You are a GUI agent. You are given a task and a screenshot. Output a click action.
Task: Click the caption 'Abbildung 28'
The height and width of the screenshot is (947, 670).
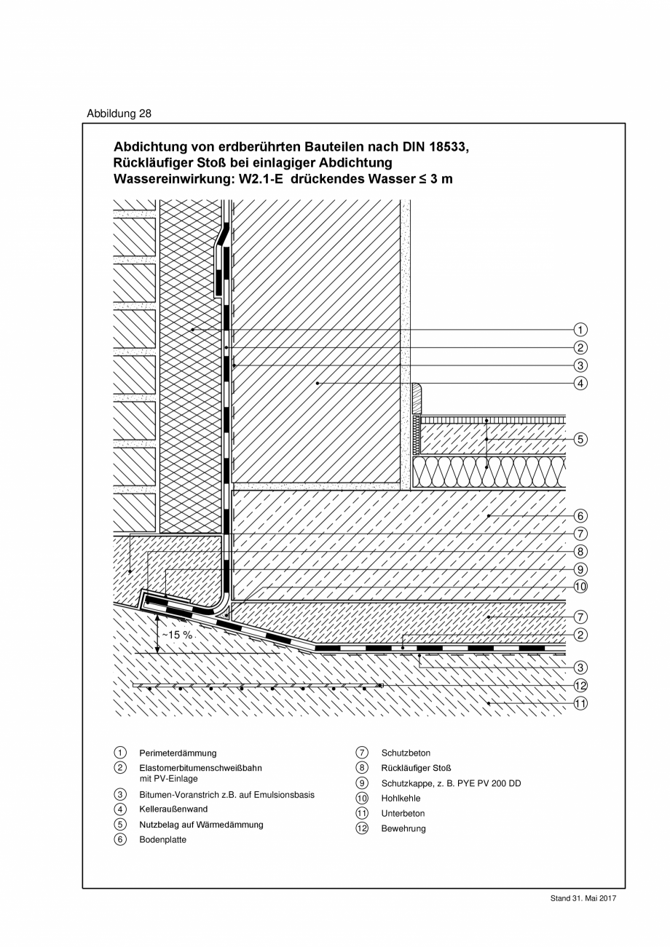[119, 114]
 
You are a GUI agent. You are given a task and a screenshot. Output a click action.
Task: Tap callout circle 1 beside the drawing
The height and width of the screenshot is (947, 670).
[580, 330]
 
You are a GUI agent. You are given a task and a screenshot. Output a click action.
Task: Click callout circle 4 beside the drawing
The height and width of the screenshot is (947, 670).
[580, 383]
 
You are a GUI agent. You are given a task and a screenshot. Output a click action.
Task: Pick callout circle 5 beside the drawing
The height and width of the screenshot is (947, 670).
[580, 439]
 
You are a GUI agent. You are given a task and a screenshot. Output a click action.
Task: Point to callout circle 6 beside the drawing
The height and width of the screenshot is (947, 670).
[580, 516]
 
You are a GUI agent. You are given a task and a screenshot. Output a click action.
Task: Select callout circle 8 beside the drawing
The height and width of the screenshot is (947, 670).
[580, 552]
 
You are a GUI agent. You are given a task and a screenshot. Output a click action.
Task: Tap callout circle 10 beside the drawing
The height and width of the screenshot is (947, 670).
[580, 587]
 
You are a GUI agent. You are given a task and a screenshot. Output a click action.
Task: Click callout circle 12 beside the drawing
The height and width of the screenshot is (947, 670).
[580, 685]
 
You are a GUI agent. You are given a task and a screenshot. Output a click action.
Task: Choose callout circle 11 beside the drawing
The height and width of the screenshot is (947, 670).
[580, 703]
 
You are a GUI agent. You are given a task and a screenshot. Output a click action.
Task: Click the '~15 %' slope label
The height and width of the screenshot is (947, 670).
[177, 635]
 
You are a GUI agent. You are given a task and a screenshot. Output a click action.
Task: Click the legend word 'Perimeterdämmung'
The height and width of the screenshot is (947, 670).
[178, 753]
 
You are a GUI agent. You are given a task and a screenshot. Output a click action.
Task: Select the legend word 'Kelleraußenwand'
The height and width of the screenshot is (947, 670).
[173, 809]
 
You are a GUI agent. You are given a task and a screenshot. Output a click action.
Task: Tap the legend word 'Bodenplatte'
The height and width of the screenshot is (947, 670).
[162, 839]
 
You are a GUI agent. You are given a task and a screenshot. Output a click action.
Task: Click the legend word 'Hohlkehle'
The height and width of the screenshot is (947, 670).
[401, 799]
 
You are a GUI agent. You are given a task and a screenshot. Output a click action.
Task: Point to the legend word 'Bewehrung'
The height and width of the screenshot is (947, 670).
[403, 828]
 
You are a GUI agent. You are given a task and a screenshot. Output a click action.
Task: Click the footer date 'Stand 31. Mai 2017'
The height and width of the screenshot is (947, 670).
[583, 899]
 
